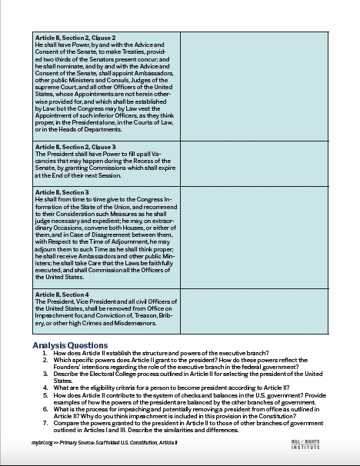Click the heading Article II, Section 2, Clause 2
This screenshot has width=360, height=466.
75,38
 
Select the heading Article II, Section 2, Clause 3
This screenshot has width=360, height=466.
75,147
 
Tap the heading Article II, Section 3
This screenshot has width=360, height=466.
62,191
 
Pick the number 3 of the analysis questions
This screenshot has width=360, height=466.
45,373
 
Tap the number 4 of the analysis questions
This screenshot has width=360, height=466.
45,387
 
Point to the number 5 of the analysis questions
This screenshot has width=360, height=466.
45,394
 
